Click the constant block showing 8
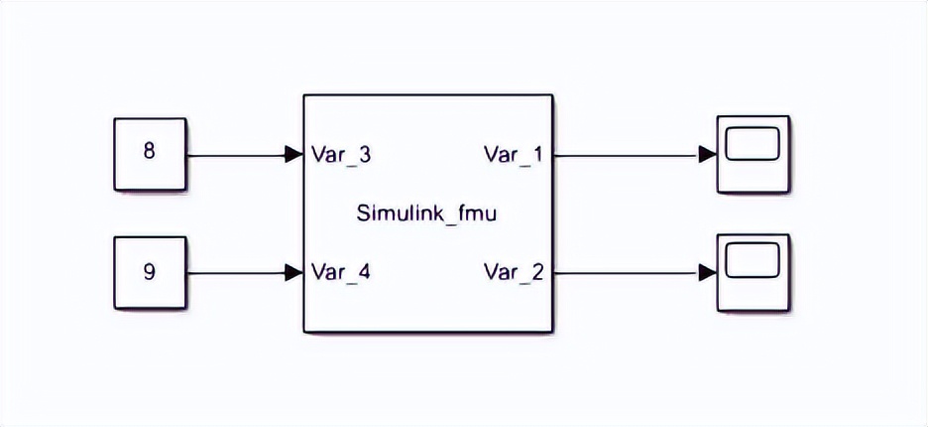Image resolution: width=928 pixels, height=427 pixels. click(x=150, y=154)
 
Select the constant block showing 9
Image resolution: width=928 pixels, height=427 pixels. click(x=150, y=271)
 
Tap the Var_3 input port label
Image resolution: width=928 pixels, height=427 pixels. click(x=341, y=155)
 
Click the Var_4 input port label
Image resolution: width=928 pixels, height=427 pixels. click(x=341, y=271)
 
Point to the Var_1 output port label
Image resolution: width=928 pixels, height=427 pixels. click(x=514, y=155)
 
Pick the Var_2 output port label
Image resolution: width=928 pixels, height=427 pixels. click(x=514, y=271)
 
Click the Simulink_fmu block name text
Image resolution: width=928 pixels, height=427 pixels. click(x=425, y=213)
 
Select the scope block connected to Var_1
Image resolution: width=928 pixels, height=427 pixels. click(x=753, y=154)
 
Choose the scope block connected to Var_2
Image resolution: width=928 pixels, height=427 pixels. click(x=753, y=271)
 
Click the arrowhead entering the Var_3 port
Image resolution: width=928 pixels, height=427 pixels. click(x=293, y=155)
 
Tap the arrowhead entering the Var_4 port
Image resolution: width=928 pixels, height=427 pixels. click(x=293, y=271)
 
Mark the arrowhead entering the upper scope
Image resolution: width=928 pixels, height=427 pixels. click(x=707, y=155)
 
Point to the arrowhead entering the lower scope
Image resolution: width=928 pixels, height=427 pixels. click(x=707, y=271)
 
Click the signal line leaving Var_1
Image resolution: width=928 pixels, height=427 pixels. click(x=625, y=155)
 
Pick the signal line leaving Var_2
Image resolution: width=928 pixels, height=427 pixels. click(x=625, y=271)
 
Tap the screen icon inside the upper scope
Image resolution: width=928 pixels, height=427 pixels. click(x=753, y=146)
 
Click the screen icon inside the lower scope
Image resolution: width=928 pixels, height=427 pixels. click(x=753, y=263)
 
